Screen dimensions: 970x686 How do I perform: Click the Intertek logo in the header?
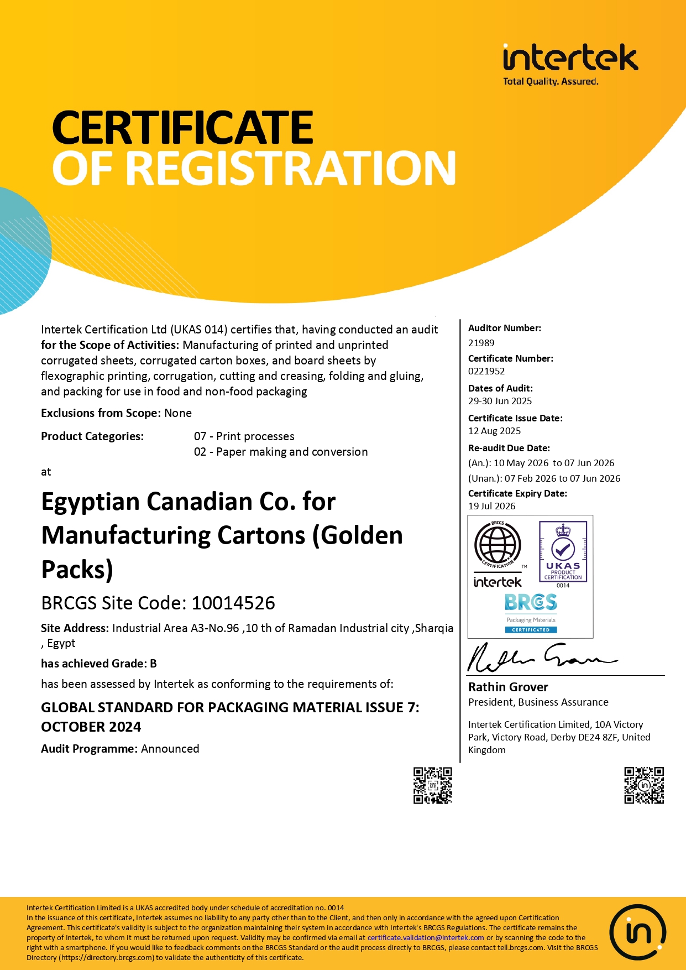570,63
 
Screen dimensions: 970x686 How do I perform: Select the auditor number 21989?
481,343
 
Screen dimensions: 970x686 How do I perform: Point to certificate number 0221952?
486,371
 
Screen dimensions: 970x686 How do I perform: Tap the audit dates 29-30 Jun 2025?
500,401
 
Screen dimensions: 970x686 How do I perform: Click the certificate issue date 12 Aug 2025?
494,431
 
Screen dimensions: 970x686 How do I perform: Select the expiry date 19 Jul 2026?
491,506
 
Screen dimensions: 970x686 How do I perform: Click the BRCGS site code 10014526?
233,603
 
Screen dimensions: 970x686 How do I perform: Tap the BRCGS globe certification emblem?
498,545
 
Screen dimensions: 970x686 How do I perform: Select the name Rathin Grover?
508,687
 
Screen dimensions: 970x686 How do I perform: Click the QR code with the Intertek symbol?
644,785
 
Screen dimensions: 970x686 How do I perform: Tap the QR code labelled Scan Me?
433,785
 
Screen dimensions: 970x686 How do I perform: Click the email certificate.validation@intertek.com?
426,937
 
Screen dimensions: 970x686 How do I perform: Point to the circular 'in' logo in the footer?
638,932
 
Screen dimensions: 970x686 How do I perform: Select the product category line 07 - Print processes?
244,436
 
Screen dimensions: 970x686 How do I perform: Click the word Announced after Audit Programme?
170,749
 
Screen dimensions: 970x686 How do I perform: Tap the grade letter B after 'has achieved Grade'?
153,664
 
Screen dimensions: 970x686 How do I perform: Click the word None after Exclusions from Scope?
178,413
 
